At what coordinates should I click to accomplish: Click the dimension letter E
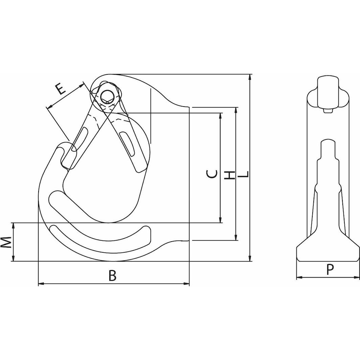pyautogui.click(x=60, y=89)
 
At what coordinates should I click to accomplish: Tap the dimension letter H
pyautogui.click(x=230, y=175)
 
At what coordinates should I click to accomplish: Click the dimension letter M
pyautogui.click(x=6, y=242)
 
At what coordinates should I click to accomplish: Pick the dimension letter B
pyautogui.click(x=112, y=276)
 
